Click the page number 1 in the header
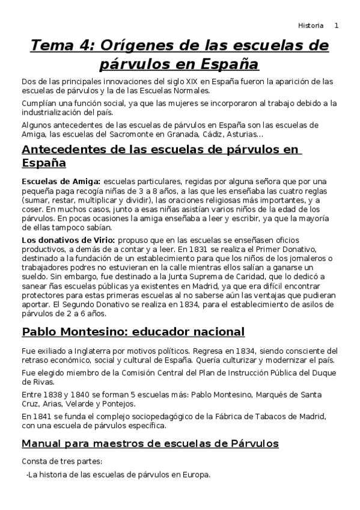pyautogui.click(x=337, y=26)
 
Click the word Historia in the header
pyautogui.click(x=311, y=26)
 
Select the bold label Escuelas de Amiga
pyautogui.click(x=60, y=181)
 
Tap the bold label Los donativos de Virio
pyautogui.click(x=63, y=240)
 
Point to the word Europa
pyautogui.click(x=195, y=475)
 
